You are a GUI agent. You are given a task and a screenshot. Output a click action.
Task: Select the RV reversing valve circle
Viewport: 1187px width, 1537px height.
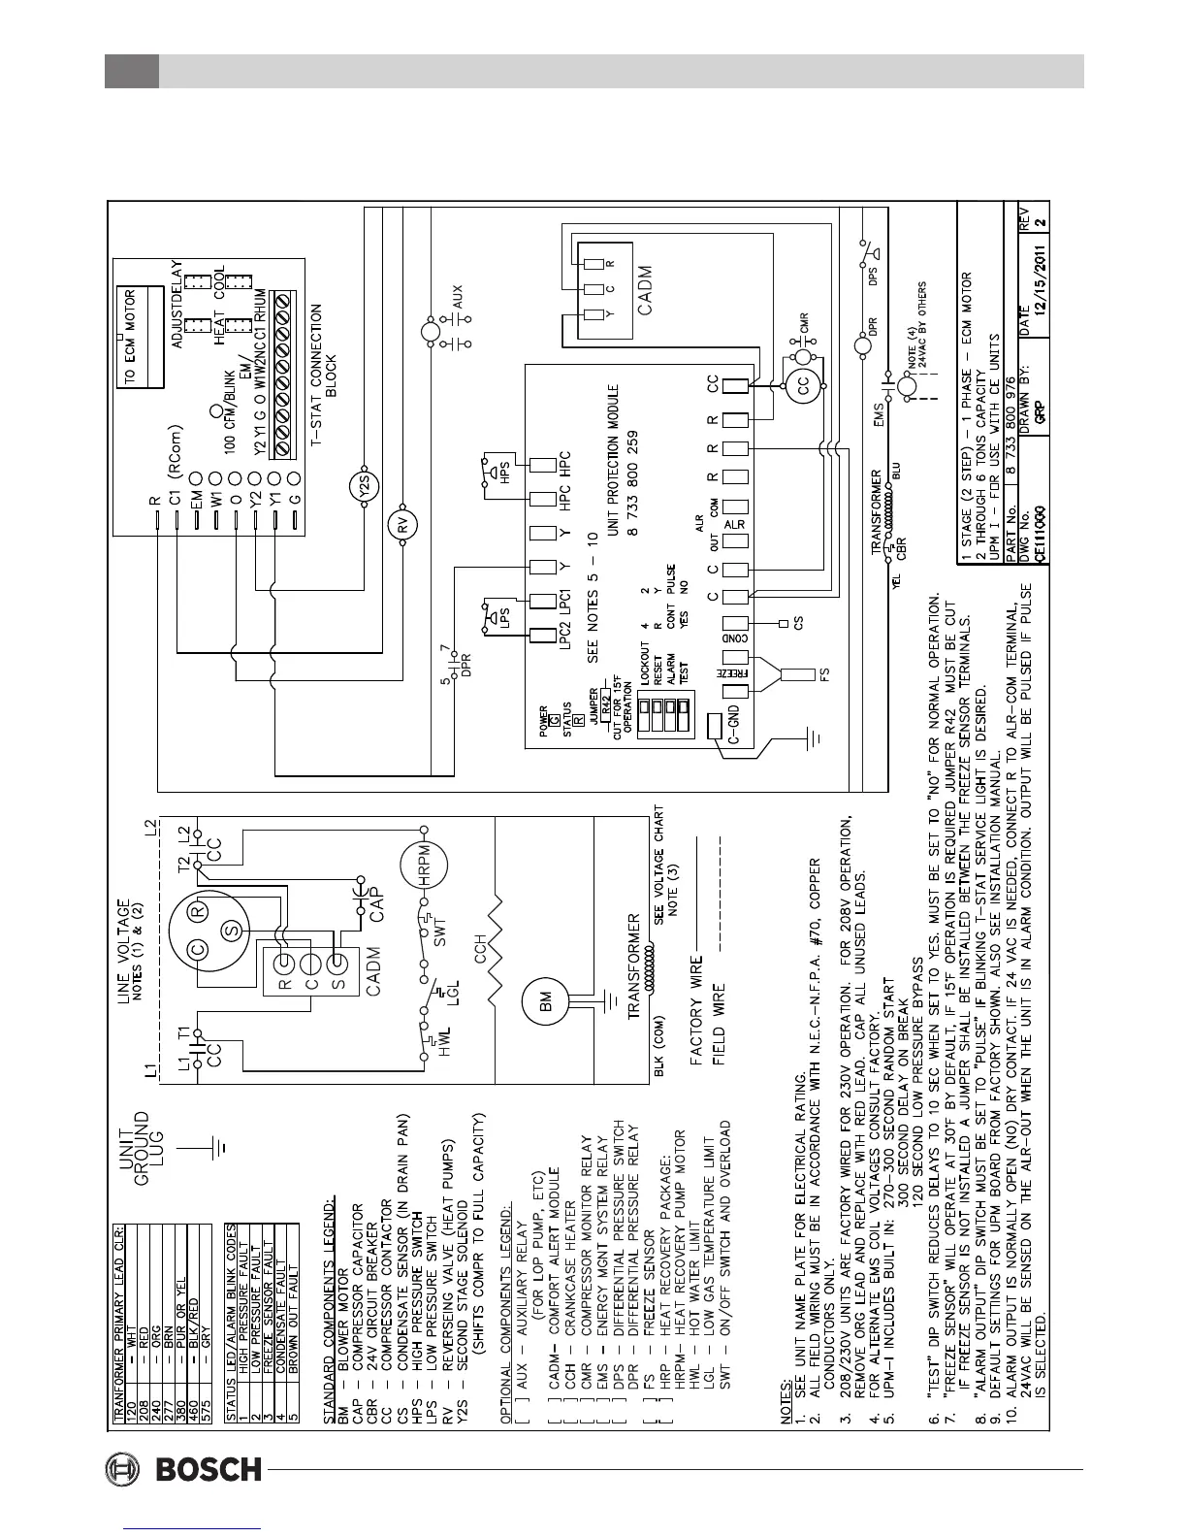pyautogui.click(x=401, y=525)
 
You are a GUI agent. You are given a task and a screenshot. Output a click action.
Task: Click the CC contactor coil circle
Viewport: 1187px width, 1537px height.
pyautogui.click(x=803, y=386)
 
